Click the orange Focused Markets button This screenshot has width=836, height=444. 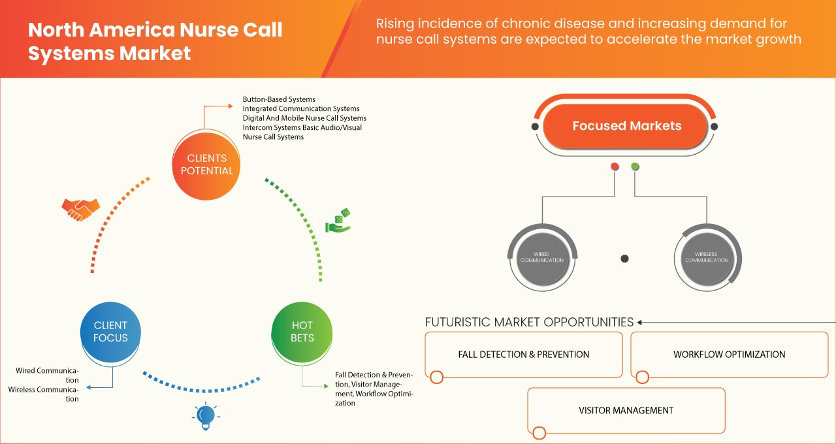pyautogui.click(x=626, y=126)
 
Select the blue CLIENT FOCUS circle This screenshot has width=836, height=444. pyautogui.click(x=110, y=332)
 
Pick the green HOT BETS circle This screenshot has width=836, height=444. pyautogui.click(x=302, y=332)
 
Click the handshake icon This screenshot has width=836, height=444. pyautogui.click(x=80, y=209)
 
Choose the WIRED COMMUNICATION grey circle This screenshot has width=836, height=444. pyautogui.click(x=542, y=257)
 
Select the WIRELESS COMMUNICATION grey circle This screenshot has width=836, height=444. pyautogui.click(x=707, y=257)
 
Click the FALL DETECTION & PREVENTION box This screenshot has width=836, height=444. pyautogui.click(x=523, y=355)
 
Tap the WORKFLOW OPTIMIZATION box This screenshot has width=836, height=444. pyautogui.click(x=729, y=355)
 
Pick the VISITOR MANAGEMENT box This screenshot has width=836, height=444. pyautogui.click(x=626, y=411)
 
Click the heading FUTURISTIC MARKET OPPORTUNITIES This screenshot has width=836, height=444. pyautogui.click(x=529, y=322)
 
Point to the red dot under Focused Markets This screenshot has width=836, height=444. pyautogui.click(x=615, y=166)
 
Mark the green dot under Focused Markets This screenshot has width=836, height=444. pyautogui.click(x=635, y=166)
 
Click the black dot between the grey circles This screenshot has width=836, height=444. pyautogui.click(x=624, y=259)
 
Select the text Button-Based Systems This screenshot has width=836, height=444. pyautogui.click(x=279, y=99)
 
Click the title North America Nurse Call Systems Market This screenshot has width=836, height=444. pyautogui.click(x=155, y=41)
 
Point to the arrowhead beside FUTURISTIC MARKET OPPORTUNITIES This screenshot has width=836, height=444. pyautogui.click(x=640, y=322)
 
